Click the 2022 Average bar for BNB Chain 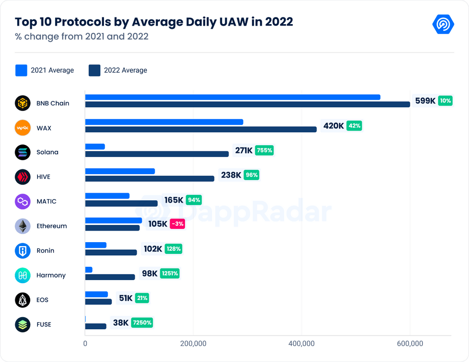(247, 104)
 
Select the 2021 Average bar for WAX (164, 122)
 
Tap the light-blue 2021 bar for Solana (95, 147)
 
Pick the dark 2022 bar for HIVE (150, 179)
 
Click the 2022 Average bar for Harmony (110, 277)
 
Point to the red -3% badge (177, 224)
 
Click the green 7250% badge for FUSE (142, 322)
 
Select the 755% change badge (264, 150)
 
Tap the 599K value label (425, 101)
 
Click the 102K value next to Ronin (153, 249)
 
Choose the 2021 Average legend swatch (21, 70)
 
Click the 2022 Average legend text (125, 70)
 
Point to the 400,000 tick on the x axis (302, 343)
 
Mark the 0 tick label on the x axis (85, 343)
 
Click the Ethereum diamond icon (22, 226)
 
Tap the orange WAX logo (22, 128)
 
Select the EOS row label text (42, 300)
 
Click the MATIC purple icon (22, 202)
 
